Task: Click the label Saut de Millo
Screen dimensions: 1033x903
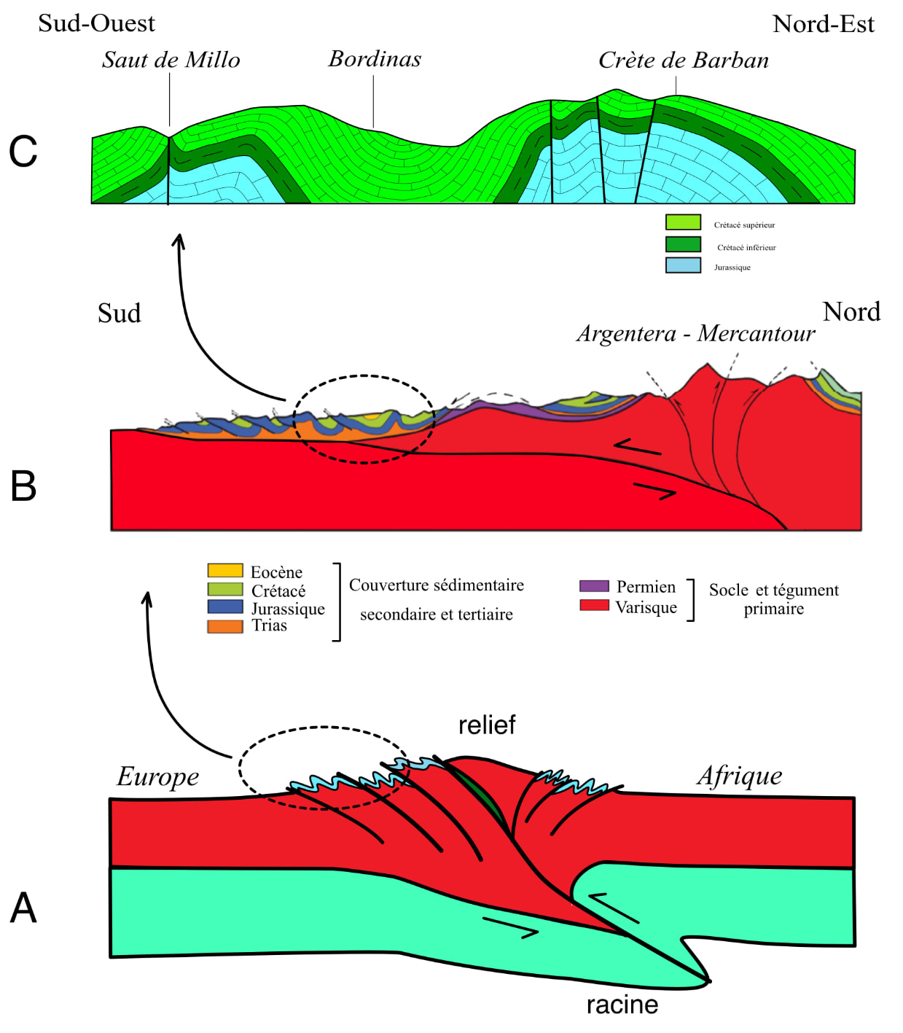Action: click(171, 60)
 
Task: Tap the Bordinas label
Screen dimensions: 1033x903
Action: click(375, 59)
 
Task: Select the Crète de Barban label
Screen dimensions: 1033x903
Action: click(683, 61)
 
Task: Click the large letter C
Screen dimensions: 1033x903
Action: click(23, 152)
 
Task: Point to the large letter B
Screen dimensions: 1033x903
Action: click(23, 486)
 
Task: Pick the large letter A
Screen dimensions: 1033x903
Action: click(23, 908)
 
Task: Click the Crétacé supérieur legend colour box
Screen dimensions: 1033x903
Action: click(683, 222)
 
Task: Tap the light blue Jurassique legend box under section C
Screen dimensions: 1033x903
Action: click(683, 265)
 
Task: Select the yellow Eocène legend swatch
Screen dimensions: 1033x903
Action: click(225, 570)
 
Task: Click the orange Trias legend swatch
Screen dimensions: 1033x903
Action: click(225, 626)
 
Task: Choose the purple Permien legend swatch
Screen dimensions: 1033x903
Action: click(594, 586)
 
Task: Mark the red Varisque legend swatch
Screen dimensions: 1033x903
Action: click(594, 605)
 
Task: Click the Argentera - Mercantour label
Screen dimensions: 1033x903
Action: click(695, 334)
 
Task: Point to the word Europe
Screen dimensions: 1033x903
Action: click(158, 776)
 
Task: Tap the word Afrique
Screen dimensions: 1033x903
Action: click(740, 776)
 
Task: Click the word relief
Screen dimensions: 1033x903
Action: click(487, 725)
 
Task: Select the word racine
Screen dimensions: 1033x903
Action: click(622, 1005)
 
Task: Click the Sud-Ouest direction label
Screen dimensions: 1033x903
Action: click(96, 23)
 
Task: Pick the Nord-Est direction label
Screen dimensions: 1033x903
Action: click(823, 24)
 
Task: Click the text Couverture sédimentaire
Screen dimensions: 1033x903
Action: click(436, 585)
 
